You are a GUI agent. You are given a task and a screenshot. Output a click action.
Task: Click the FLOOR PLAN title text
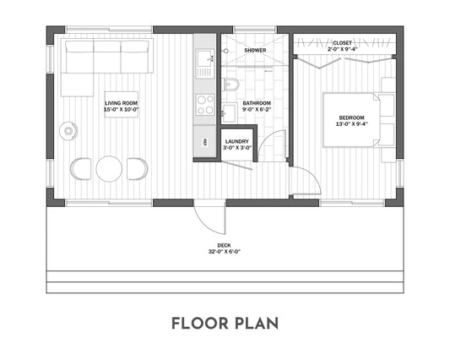[225, 324]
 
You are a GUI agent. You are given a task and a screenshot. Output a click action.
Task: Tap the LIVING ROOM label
[121, 103]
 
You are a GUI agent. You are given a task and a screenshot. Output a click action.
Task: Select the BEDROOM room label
[351, 117]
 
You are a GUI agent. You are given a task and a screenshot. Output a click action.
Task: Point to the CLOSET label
[342, 43]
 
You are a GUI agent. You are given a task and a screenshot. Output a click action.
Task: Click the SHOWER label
[255, 50]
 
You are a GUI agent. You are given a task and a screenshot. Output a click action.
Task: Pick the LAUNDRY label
[237, 142]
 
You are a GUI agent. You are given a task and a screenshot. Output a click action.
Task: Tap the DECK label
[224, 245]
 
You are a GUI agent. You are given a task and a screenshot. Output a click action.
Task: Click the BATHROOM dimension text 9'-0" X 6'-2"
[257, 109]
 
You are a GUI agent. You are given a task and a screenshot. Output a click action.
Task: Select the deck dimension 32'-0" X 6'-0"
[224, 252]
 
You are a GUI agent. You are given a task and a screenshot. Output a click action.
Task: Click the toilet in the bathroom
[230, 85]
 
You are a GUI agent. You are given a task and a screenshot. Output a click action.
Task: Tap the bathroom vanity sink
[230, 112]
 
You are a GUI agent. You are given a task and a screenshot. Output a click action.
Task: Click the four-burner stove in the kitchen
[205, 105]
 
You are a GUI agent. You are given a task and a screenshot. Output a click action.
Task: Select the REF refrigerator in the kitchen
[204, 142]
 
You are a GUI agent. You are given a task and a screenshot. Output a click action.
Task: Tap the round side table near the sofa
[68, 131]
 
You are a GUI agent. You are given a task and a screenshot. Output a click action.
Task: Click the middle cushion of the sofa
[107, 57]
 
